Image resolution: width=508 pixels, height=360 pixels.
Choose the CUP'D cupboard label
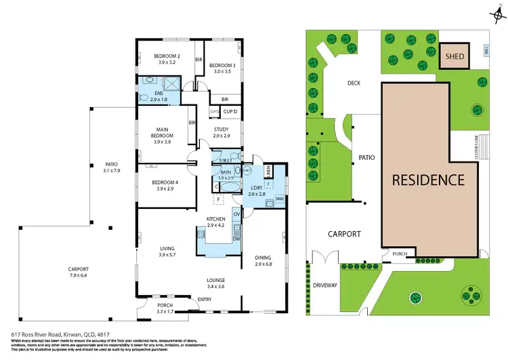pos(230,111)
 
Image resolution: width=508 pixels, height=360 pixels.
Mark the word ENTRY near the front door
pos(204,299)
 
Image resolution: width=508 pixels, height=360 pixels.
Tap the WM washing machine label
pos(279,198)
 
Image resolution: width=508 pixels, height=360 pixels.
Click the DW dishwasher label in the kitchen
pos(236,239)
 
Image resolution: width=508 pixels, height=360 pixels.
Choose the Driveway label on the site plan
pos(326,285)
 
